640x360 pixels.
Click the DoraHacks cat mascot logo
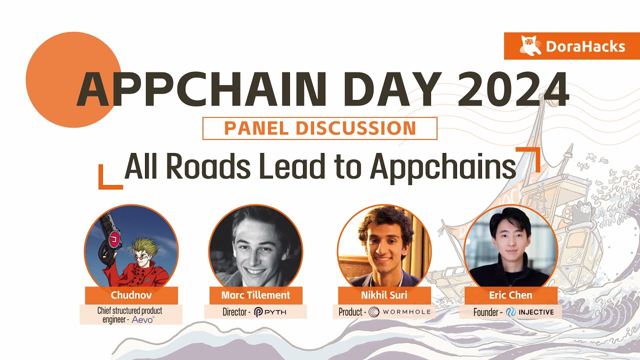point(530,45)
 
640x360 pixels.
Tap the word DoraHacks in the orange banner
point(585,46)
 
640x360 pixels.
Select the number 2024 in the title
point(513,89)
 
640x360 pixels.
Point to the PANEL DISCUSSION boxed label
point(319,128)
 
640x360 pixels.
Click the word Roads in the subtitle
point(208,166)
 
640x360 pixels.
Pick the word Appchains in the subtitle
point(443,168)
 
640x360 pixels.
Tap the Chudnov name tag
point(131,295)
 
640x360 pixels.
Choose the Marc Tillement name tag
point(255,295)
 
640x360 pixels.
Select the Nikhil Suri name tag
point(384,295)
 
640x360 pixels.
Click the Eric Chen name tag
point(511,295)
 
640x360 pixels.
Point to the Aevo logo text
point(143,319)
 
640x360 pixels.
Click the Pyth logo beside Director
point(270,312)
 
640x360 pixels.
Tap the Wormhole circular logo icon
point(373,311)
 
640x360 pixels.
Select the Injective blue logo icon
point(511,312)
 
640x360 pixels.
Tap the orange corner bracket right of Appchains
point(528,159)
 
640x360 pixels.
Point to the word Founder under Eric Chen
point(486,312)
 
